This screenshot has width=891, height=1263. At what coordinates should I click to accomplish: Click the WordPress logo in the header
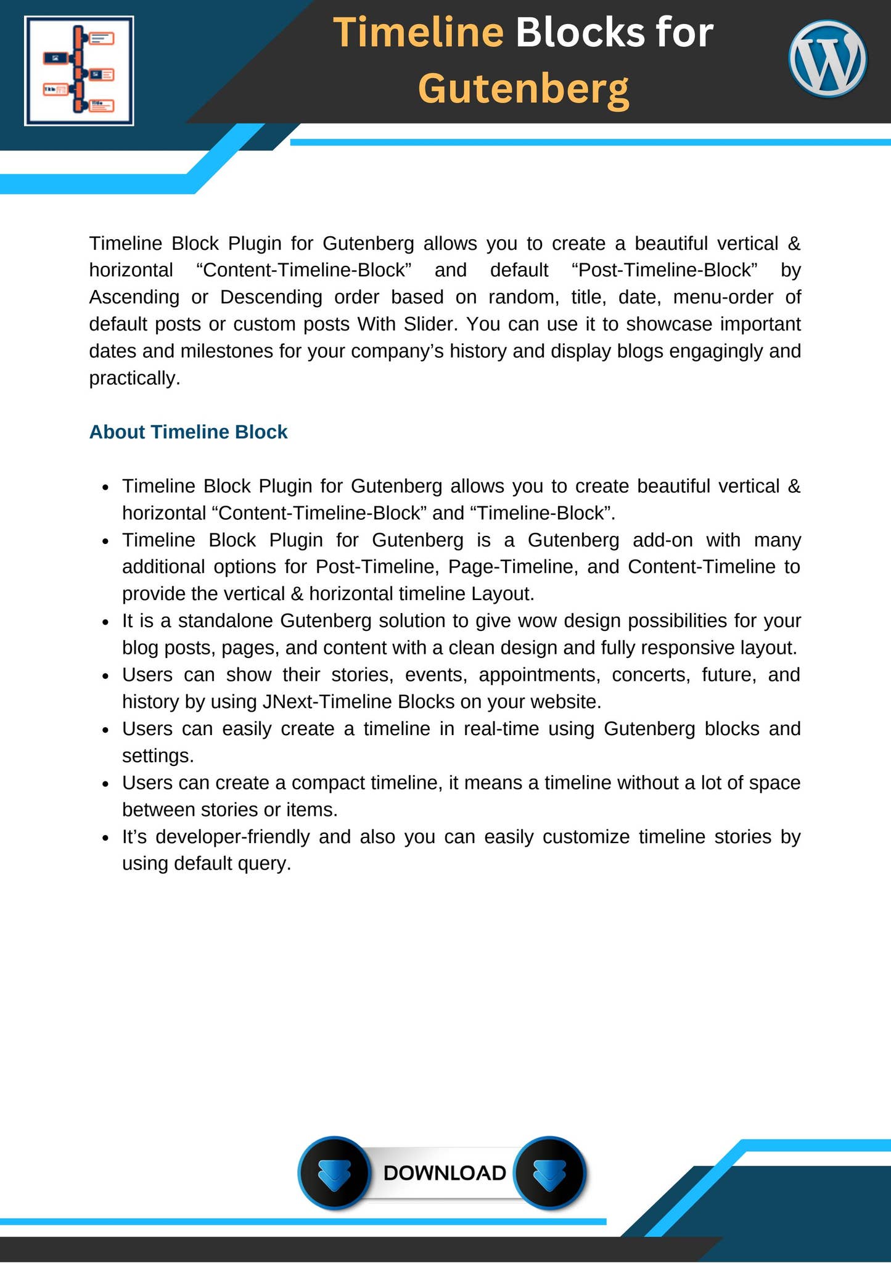[827, 59]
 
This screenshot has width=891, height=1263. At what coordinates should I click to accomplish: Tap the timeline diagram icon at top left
[79, 71]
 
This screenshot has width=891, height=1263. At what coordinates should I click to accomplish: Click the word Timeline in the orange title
[419, 33]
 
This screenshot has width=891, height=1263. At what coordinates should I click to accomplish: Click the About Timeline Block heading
[188, 432]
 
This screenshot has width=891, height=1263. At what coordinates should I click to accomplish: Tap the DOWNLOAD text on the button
[444, 1172]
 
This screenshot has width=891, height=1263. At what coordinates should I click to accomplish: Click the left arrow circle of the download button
[334, 1172]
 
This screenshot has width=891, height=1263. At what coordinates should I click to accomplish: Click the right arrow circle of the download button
[549, 1172]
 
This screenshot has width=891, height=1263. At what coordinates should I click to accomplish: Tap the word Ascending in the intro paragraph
[134, 297]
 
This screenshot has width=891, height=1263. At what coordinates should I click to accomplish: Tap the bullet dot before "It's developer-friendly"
[106, 838]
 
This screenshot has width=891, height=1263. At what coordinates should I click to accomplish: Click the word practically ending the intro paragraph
[134, 378]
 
